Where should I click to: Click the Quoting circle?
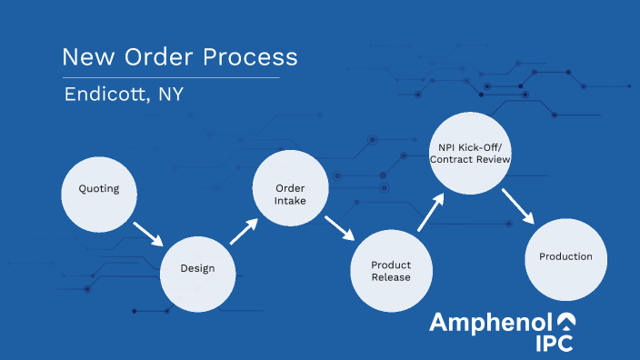(98, 190)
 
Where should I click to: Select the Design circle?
(197, 269)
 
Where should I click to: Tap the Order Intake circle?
(290, 188)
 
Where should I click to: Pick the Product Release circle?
(390, 271)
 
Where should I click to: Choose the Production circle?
(565, 257)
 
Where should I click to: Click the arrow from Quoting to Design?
(147, 234)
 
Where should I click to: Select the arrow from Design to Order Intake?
(244, 231)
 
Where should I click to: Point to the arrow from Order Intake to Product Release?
(340, 231)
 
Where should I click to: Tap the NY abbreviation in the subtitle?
(169, 95)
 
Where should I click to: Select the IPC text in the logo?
(553, 344)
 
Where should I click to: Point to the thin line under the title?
(171, 78)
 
